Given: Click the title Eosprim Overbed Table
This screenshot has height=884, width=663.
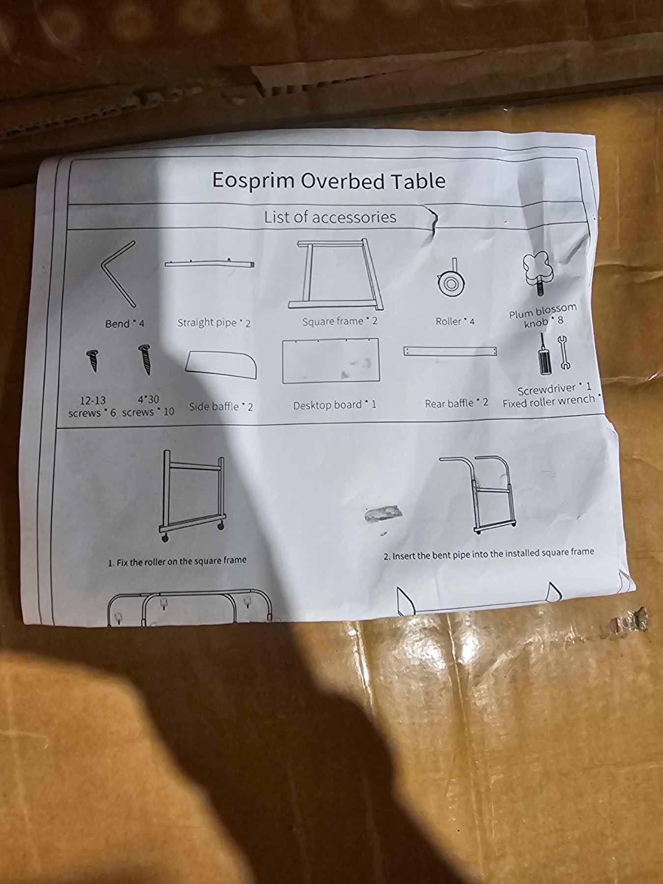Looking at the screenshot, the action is click(329, 181).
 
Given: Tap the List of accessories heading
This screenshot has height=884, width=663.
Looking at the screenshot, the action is click(330, 217).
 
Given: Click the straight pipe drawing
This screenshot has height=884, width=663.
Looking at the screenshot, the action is click(210, 264).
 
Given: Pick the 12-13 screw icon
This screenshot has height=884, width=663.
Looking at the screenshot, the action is click(92, 360).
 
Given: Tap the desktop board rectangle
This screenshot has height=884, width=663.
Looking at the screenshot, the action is click(331, 360).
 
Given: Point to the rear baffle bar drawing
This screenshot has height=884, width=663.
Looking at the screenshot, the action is click(450, 351).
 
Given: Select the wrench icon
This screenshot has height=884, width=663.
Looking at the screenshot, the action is click(563, 352).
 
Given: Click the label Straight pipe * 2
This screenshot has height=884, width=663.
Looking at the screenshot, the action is click(214, 323).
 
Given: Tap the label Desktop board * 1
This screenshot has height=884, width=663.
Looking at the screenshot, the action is click(335, 405).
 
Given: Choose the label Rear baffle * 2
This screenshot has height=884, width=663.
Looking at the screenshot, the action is click(456, 403).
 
